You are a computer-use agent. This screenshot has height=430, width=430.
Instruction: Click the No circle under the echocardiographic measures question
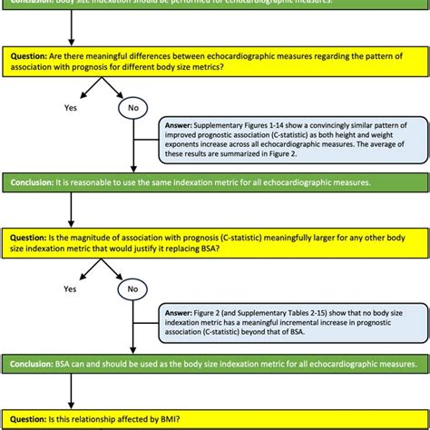click(133, 108)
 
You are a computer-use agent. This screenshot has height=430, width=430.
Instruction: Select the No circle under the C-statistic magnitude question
click(133, 290)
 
